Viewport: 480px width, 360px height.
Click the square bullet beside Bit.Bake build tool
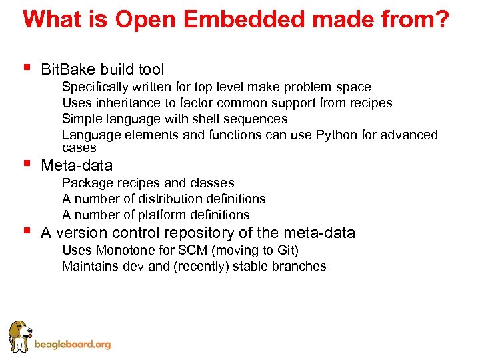tap(26, 67)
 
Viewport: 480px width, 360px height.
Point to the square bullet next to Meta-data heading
tap(26, 163)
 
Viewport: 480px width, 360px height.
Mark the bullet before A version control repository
tap(26, 231)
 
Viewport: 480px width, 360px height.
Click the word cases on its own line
tap(79, 148)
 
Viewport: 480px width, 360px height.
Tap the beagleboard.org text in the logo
tap(72, 345)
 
